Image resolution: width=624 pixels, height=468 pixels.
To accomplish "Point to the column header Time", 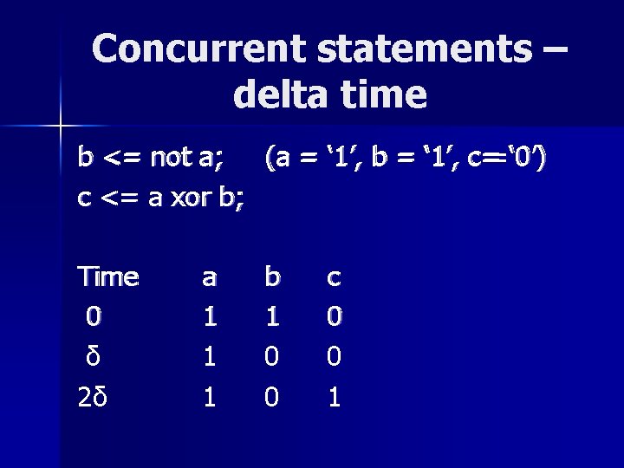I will pos(108,276).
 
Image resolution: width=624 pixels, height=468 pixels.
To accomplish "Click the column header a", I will pos(208,278).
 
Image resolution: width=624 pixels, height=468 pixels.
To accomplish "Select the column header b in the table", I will pos(272,276).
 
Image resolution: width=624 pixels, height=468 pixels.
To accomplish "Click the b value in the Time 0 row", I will pos(271,315).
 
